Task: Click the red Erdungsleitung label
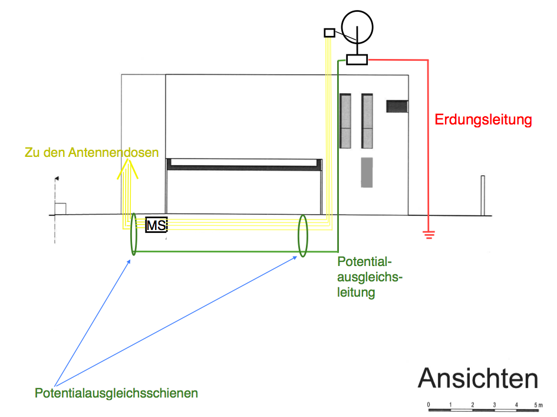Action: click(x=483, y=120)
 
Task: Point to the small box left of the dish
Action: click(x=329, y=33)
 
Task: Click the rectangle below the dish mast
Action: click(x=357, y=60)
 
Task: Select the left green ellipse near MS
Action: click(x=134, y=235)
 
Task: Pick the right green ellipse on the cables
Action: click(x=303, y=235)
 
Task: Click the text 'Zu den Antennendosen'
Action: click(x=92, y=152)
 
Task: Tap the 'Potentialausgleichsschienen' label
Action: click(x=116, y=393)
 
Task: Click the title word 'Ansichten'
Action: click(x=478, y=379)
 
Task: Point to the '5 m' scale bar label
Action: click(x=538, y=405)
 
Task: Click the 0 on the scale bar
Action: click(x=429, y=405)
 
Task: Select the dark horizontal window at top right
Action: click(x=397, y=106)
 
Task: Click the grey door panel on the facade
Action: click(x=367, y=172)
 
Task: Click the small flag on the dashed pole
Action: click(x=57, y=178)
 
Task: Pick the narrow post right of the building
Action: click(x=483, y=195)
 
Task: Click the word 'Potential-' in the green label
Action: click(x=364, y=262)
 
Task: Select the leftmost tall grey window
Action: click(x=346, y=121)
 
